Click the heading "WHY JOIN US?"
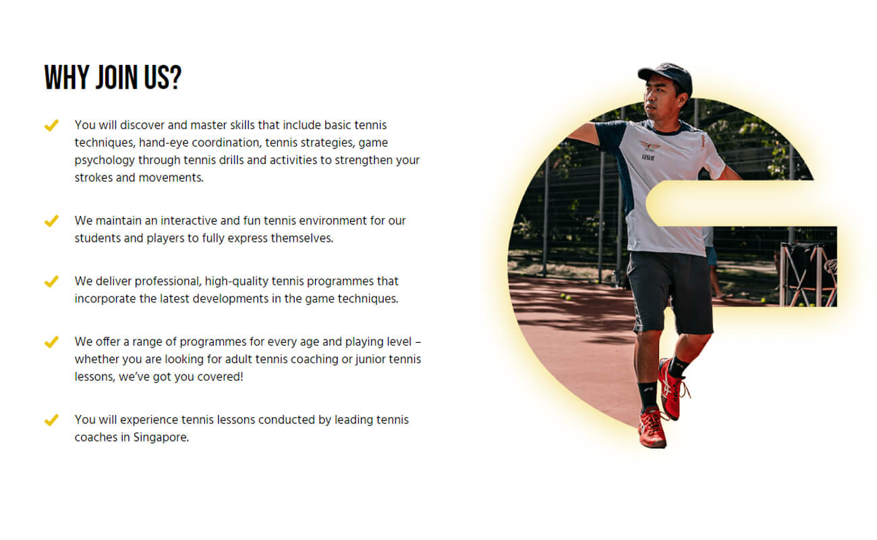pos(113,77)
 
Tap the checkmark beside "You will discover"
pos(51,126)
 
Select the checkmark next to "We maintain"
pos(51,221)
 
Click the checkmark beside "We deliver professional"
pos(51,281)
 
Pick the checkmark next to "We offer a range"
pos(51,342)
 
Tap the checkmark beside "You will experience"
pos(51,420)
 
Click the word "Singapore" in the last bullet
pos(161,437)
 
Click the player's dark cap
pos(666,76)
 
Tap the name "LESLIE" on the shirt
pos(648,157)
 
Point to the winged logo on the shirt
pos(650,146)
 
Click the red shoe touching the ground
pos(652,428)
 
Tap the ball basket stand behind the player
pos(808,274)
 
